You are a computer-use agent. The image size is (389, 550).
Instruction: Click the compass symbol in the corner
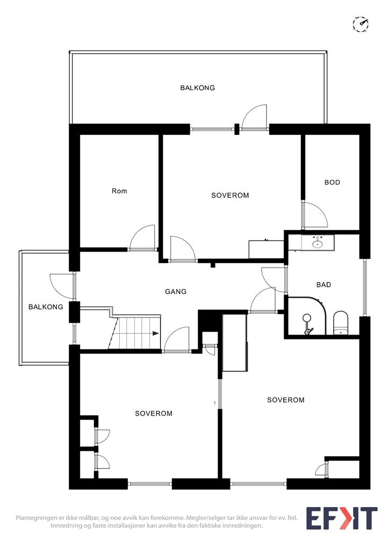pyautogui.click(x=361, y=24)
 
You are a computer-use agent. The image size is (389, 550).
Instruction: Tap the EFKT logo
pyautogui.click(x=342, y=518)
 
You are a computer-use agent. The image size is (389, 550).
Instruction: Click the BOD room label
pyautogui.click(x=332, y=183)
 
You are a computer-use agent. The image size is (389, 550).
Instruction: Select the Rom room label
pyautogui.click(x=119, y=191)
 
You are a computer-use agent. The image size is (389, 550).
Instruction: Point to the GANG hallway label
pyautogui.click(x=176, y=292)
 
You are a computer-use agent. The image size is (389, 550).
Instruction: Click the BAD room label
pyautogui.click(x=324, y=285)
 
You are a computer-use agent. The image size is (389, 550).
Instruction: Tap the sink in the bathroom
pyautogui.click(x=318, y=242)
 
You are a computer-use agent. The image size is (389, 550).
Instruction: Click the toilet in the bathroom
pyautogui.click(x=340, y=323)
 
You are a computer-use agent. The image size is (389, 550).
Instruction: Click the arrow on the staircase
pyautogui.click(x=156, y=334)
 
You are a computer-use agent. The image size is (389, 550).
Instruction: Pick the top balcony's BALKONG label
pyautogui.click(x=198, y=88)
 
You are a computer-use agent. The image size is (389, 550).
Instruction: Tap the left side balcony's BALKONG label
pyautogui.click(x=46, y=307)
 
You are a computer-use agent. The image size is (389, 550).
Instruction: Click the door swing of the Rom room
pyautogui.click(x=142, y=237)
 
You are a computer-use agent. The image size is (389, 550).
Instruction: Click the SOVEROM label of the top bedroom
pyautogui.click(x=230, y=196)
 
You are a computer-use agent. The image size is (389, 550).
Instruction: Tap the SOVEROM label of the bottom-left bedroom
pyautogui.click(x=154, y=414)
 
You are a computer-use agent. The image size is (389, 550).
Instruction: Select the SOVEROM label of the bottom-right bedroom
pyautogui.click(x=286, y=400)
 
